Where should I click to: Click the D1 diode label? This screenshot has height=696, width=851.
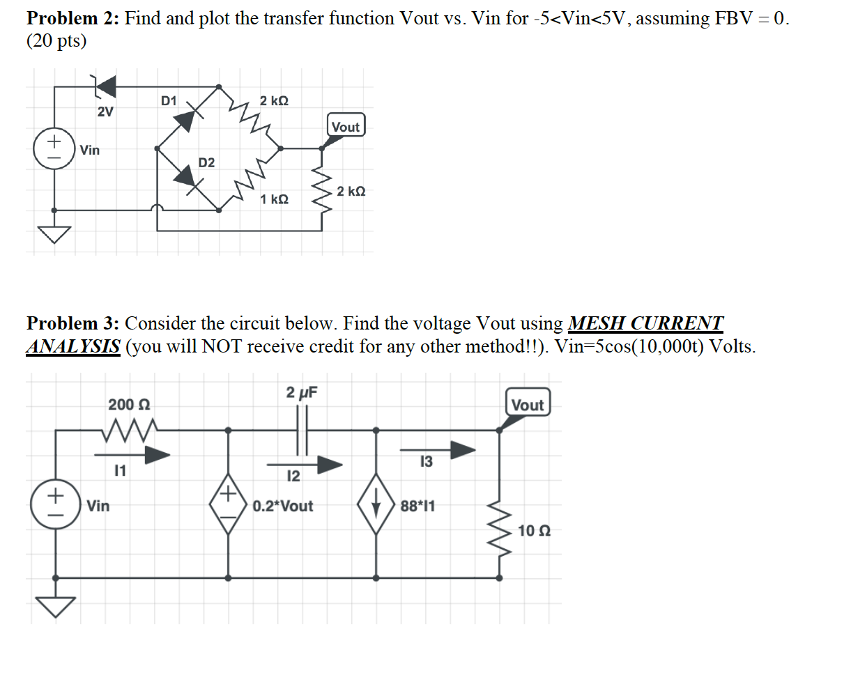[169, 101]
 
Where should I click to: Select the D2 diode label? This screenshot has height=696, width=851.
[206, 163]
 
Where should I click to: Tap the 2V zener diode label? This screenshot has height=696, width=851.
[105, 112]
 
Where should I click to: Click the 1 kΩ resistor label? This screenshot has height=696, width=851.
[274, 200]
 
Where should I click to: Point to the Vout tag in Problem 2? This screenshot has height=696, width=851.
[346, 127]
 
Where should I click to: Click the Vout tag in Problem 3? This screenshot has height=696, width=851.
[528, 405]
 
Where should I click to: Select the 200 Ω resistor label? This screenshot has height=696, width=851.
[129, 405]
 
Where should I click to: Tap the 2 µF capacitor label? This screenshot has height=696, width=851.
[301, 392]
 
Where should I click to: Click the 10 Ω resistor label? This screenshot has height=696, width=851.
[535, 532]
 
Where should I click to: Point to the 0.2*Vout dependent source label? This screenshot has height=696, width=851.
[283, 506]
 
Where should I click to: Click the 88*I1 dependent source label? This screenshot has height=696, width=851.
[417, 506]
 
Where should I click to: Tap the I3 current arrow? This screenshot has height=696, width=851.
[453, 450]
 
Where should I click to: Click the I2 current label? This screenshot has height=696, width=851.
[293, 477]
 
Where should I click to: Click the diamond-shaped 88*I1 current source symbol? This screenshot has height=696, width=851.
[376, 505]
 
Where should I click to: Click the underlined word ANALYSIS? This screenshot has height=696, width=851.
[73, 346]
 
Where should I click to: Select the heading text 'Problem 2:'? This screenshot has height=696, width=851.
[73, 18]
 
